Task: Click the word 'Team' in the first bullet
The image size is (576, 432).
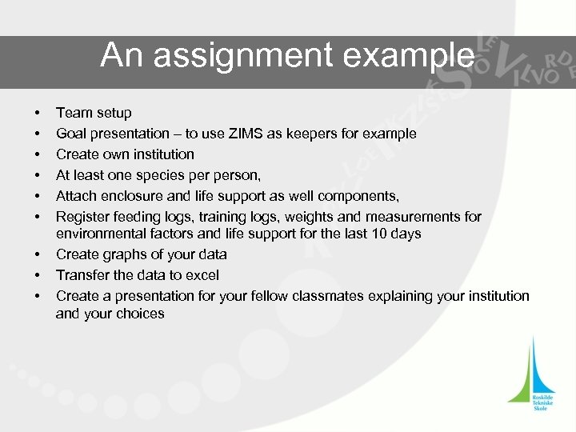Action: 74,113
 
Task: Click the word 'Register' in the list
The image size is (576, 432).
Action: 82,215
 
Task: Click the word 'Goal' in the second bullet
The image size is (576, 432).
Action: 70,134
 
